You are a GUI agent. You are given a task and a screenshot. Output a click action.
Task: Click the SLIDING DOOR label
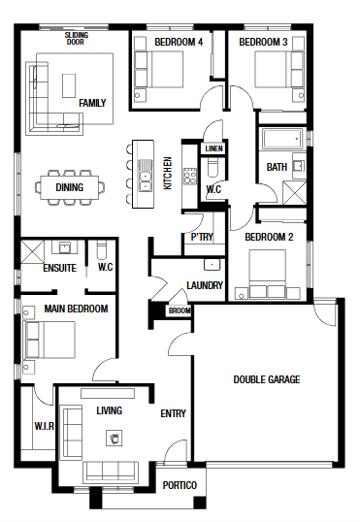coord(77,38)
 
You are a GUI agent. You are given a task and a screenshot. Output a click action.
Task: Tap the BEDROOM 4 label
coord(179,42)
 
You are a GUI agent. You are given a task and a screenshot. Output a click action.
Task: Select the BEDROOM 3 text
coord(263,42)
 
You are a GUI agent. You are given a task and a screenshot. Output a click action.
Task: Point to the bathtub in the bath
coord(282,139)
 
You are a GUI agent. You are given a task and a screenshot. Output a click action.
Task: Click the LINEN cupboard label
coord(213,148)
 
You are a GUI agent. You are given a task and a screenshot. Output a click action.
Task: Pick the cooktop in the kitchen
coord(190,177)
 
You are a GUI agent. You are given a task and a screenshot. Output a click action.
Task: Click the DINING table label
coord(70,187)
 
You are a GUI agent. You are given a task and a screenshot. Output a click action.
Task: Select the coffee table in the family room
coord(69,85)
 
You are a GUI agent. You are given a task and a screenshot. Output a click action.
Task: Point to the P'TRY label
coord(202,237)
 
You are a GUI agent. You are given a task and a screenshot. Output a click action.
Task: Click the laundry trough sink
coord(213,265)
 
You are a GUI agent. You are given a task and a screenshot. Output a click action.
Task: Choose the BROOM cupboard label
coord(180,310)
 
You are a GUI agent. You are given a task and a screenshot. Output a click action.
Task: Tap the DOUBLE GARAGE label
coord(267,379)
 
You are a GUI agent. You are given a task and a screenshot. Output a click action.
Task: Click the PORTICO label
coord(180,485)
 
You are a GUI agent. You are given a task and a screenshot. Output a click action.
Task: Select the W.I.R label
coord(44,426)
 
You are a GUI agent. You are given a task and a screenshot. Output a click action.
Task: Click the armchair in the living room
coord(114,438)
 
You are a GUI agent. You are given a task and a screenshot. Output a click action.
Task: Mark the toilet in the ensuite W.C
coord(101,249)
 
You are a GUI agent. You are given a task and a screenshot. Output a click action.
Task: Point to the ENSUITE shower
coord(32,251)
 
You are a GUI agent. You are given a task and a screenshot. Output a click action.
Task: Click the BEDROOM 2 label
coord(269,237)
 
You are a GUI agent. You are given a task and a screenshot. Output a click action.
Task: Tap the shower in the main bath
coord(294,193)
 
